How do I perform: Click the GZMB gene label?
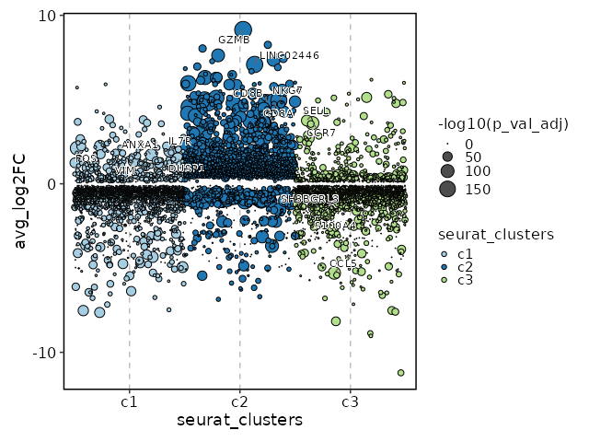click(234, 40)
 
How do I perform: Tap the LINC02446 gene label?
click(289, 55)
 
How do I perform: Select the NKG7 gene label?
click(286, 90)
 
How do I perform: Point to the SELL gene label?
click(316, 110)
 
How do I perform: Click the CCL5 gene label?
click(342, 264)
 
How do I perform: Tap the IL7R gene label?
click(179, 142)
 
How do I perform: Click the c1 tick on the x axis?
click(129, 402)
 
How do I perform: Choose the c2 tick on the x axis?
click(239, 402)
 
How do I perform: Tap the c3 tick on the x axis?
click(350, 402)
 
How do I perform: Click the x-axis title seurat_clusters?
click(239, 421)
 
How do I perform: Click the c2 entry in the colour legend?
click(446, 266)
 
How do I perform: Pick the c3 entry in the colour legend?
click(446, 279)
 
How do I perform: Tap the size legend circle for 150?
click(446, 190)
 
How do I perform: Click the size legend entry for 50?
click(446, 157)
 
